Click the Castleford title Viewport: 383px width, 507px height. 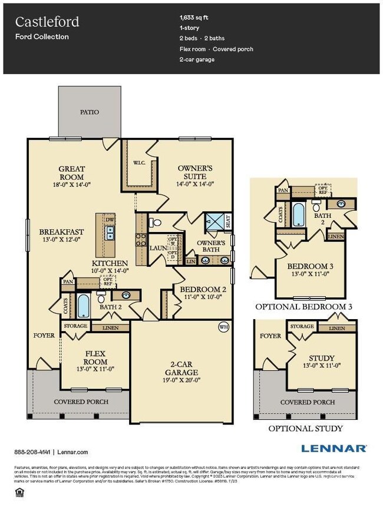click(x=47, y=22)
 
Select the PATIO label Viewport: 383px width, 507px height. click(x=90, y=112)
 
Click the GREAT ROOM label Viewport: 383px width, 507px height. click(x=71, y=173)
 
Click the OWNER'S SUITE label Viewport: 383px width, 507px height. click(x=195, y=172)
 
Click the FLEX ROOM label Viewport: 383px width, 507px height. click(x=95, y=357)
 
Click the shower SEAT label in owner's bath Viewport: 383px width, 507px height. click(x=228, y=221)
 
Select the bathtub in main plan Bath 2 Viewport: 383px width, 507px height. click(x=83, y=306)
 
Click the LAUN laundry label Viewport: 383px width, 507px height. click(x=157, y=248)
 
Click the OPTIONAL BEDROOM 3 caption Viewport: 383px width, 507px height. click(x=303, y=307)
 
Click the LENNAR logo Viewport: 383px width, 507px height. click(x=334, y=449)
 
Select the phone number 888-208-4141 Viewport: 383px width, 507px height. click(x=32, y=452)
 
